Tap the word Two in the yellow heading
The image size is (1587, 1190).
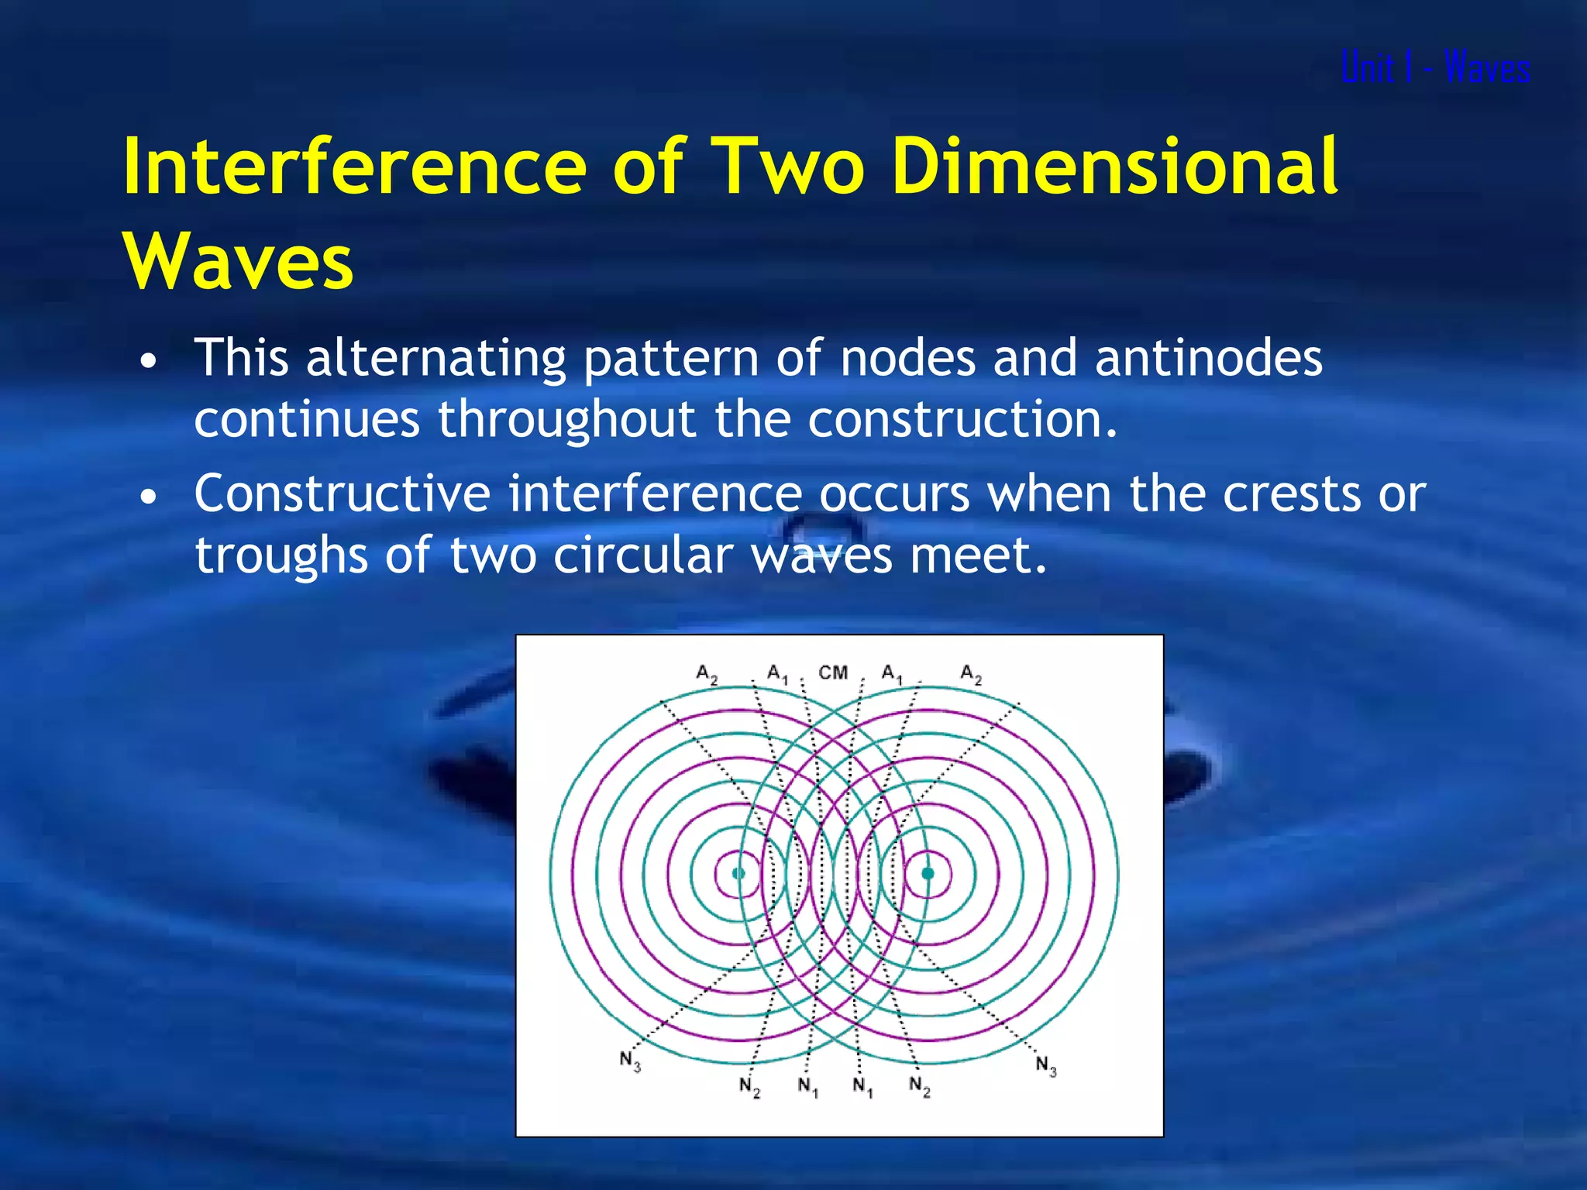tap(790, 166)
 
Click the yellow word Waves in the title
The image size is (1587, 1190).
tap(239, 261)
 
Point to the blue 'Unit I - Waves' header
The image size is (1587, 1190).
tap(1435, 67)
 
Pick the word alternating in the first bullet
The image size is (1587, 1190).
tap(436, 359)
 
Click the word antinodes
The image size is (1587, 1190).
tap(1209, 358)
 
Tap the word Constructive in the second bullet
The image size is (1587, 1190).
tap(342, 494)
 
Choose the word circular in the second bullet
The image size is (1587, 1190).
tap(643, 555)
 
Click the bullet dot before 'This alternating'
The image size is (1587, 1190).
tap(149, 361)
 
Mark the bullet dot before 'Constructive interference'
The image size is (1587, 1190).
tap(149, 497)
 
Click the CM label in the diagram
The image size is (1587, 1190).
tap(833, 672)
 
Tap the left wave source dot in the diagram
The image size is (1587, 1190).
tap(738, 873)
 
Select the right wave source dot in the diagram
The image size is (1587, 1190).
tap(928, 873)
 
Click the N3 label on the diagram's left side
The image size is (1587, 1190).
tap(630, 1061)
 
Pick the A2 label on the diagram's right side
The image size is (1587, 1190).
tap(971, 673)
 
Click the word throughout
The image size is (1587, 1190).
tap(566, 419)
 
